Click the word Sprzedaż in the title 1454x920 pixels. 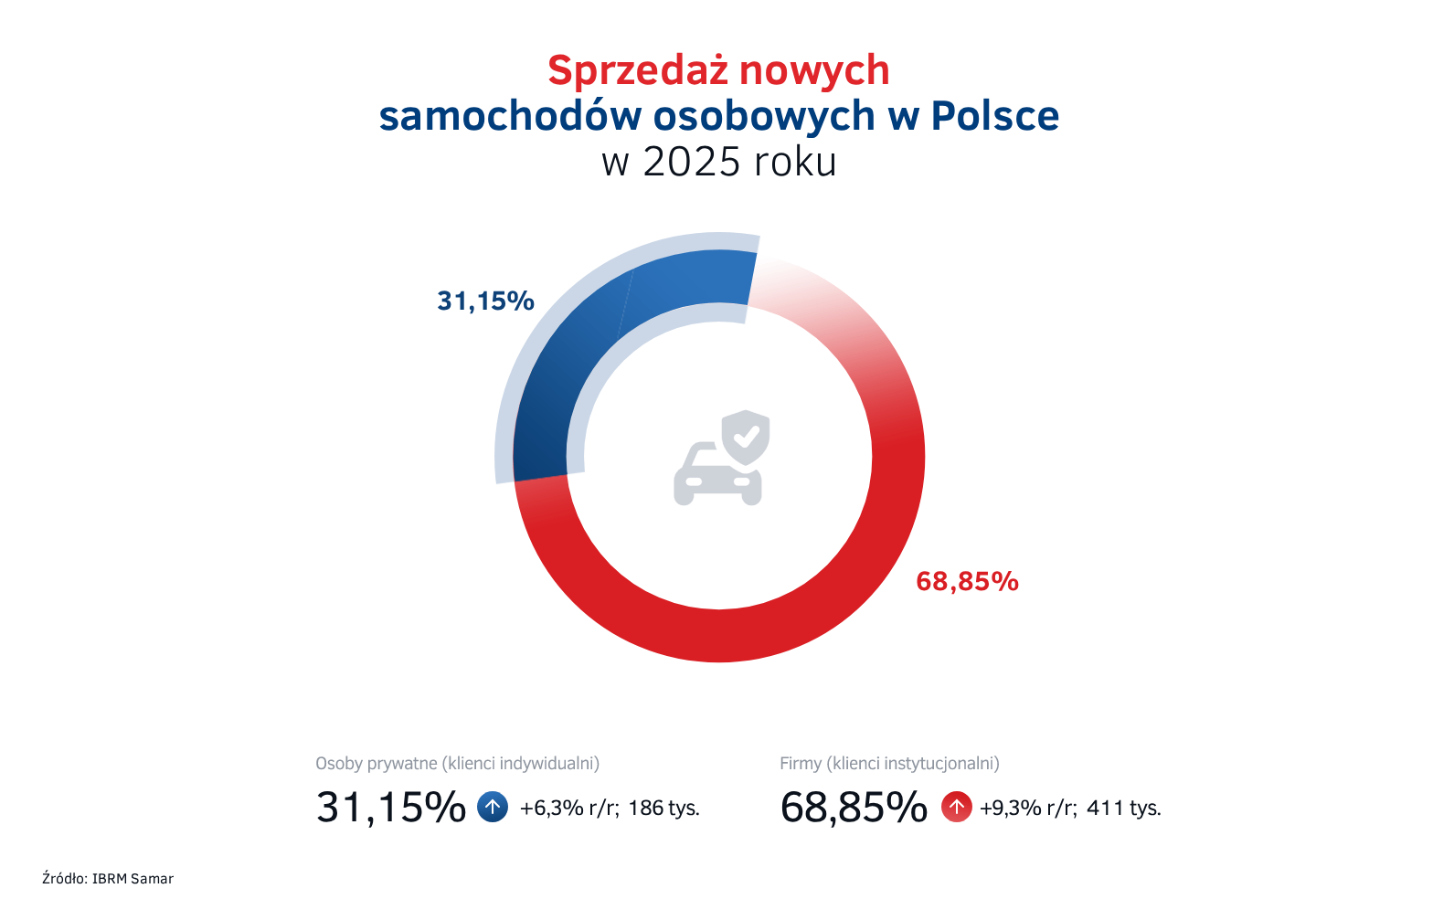click(638, 71)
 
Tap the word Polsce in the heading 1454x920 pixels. click(994, 117)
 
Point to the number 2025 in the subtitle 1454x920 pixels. click(691, 163)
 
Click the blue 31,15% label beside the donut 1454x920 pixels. click(485, 301)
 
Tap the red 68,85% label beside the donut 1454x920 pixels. click(967, 582)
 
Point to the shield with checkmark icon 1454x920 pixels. click(746, 437)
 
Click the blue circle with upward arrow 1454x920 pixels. click(493, 808)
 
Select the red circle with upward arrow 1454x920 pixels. click(957, 808)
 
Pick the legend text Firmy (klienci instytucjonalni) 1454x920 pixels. click(889, 764)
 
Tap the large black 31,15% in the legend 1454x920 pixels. click(391, 808)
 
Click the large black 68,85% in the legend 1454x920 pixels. click(854, 808)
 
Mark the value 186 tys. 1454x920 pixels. click(663, 809)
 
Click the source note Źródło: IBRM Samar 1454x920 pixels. click(108, 879)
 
